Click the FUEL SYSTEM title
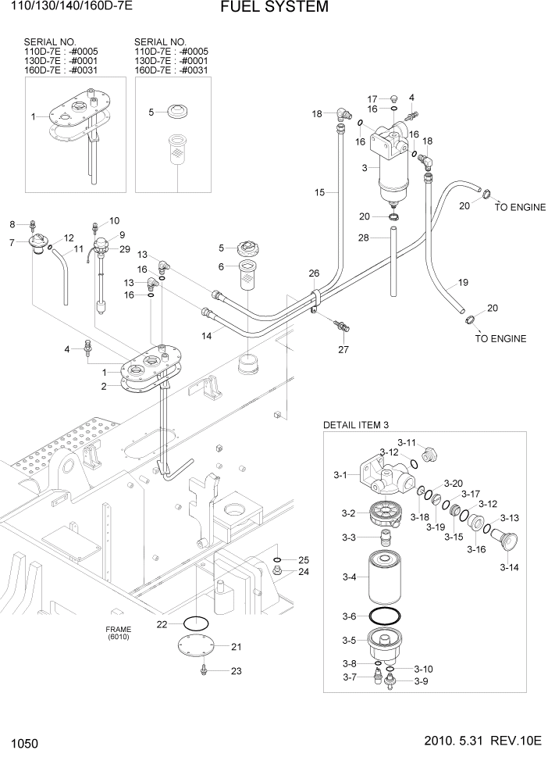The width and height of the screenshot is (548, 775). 263,8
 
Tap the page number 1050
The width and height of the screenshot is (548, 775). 26,741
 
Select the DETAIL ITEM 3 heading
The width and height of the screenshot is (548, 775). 355,425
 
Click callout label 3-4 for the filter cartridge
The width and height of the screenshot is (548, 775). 350,577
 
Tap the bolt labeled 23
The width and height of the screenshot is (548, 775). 204,670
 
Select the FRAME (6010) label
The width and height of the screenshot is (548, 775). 119,633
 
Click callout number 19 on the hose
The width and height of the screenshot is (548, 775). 462,282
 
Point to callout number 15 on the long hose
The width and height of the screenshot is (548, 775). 318,192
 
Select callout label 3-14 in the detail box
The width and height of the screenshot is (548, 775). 509,567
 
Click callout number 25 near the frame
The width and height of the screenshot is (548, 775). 304,560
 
